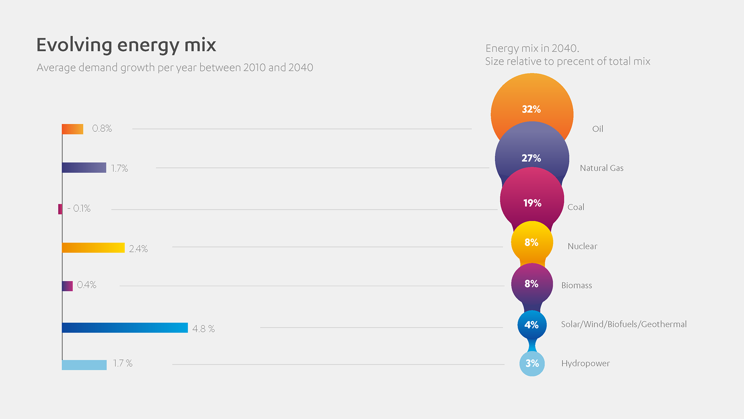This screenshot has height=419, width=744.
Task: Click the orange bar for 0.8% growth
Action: pos(72,129)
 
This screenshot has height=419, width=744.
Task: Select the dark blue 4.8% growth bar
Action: pos(125,328)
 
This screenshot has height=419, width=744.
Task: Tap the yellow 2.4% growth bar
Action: pos(93,248)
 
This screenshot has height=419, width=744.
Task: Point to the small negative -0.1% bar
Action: pos(60,209)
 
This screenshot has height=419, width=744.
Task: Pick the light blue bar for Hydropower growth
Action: pos(84,365)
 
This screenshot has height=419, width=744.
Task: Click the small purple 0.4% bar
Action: pos(67,286)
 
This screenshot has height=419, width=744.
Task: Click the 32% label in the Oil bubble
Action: pos(531,109)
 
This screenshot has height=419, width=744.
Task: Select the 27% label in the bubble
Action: pos(531,158)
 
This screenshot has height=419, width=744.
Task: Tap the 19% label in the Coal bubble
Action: pos(532,203)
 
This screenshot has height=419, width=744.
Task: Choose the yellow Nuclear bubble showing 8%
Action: pos(532,242)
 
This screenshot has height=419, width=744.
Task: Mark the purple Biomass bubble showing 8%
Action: pos(532,284)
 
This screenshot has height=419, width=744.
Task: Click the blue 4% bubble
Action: pos(532,325)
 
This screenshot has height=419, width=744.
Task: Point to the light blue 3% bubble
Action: pos(532,364)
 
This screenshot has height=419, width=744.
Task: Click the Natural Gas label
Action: pos(601,168)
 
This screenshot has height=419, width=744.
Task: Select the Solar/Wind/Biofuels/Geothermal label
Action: pos(623,324)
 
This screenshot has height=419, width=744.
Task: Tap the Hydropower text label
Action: pos(585,364)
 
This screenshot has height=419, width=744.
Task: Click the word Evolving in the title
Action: pos(74,45)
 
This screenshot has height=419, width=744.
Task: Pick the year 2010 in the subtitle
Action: pos(255,68)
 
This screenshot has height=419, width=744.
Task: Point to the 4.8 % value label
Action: pos(203,329)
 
